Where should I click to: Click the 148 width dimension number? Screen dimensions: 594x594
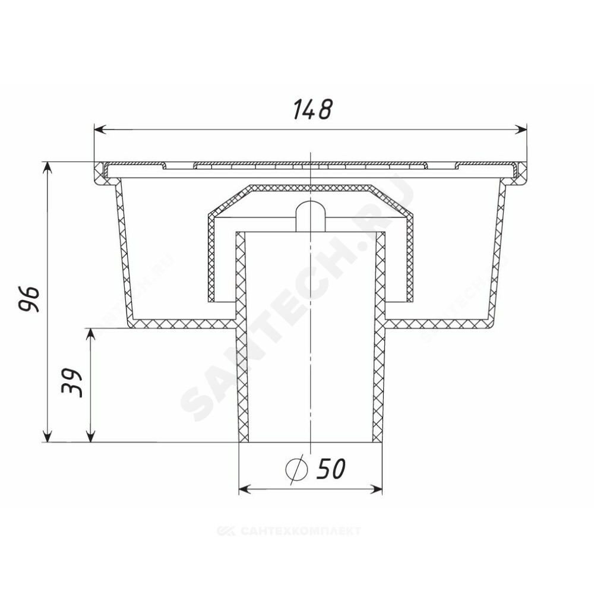[x=313, y=109]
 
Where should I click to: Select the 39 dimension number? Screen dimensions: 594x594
[x=72, y=383]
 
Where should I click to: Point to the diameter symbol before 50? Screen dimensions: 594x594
[x=296, y=469]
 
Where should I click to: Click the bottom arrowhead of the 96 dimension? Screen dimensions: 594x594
[x=47, y=437]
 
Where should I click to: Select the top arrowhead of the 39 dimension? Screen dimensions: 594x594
[x=90, y=334]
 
